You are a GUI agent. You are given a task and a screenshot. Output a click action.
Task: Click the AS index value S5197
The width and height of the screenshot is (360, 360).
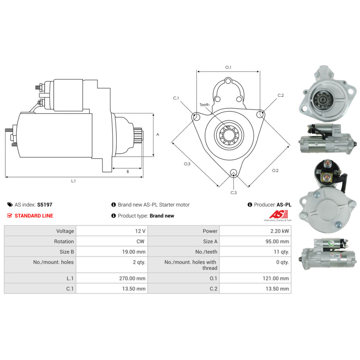pos(45,204)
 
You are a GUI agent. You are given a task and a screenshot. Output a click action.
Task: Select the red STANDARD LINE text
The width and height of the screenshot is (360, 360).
pos(34,216)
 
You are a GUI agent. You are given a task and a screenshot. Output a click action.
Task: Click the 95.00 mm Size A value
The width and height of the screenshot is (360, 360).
pos(277,241)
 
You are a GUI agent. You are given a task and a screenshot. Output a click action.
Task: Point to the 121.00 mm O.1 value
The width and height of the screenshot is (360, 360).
pos(276,278)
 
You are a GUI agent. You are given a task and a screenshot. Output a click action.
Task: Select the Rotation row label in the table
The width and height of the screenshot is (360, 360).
pos(64,241)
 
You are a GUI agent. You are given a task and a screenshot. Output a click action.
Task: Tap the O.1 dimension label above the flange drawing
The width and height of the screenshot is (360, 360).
pos(228,67)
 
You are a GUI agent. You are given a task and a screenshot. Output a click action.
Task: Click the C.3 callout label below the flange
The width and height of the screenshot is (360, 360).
pos(234,193)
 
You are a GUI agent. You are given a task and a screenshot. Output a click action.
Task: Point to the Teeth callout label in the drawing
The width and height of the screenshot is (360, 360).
pos(204,105)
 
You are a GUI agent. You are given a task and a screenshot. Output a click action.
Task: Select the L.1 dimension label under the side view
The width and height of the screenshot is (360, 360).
pos(73,181)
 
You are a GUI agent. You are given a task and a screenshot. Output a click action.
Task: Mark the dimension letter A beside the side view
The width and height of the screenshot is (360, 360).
pos(158,135)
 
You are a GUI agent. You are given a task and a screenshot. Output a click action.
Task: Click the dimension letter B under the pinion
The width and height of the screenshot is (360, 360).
pos(128,171)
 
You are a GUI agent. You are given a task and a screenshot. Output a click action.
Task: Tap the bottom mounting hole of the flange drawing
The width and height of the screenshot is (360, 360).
pos(234,173)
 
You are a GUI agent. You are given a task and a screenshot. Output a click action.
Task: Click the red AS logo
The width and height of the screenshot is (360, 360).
pos(279,214)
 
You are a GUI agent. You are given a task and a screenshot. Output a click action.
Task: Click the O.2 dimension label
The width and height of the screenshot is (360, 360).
pos(275,170)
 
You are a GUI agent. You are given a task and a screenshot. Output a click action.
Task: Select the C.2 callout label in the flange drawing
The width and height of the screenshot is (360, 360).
pos(280,95)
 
